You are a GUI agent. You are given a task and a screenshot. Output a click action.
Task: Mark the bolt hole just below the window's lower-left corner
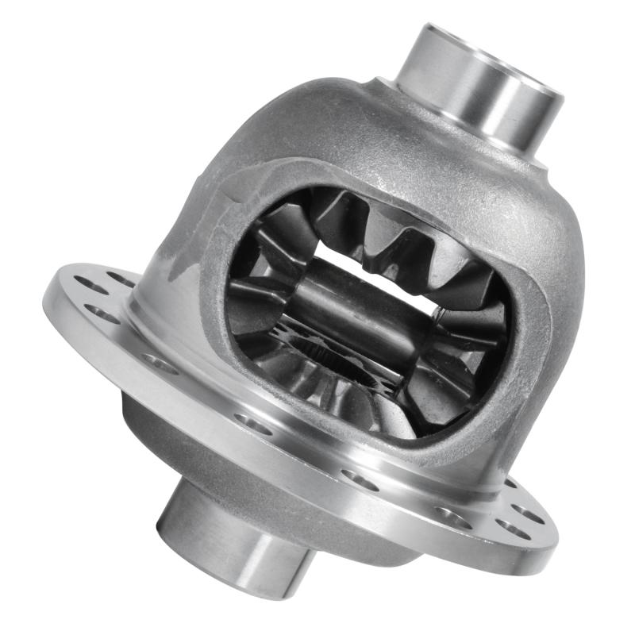[x=252, y=423]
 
